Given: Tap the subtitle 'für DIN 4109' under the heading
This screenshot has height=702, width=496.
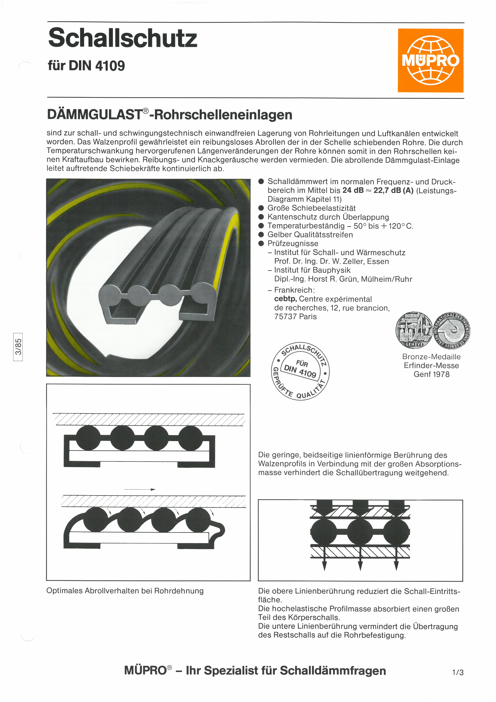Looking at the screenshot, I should pyautogui.click(x=86, y=65).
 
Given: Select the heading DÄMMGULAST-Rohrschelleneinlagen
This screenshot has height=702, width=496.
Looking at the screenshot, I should pyautogui.click(x=170, y=115).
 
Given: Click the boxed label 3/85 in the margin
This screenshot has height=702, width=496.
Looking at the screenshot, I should pyautogui.click(x=18, y=347).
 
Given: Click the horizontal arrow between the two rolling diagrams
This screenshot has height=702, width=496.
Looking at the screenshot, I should pyautogui.click(x=140, y=490).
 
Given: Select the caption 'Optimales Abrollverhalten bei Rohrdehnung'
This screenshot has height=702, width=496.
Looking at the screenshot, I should pyautogui.click(x=125, y=591).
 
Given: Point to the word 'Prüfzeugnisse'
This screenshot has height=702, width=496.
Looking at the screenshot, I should pyautogui.click(x=293, y=243).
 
